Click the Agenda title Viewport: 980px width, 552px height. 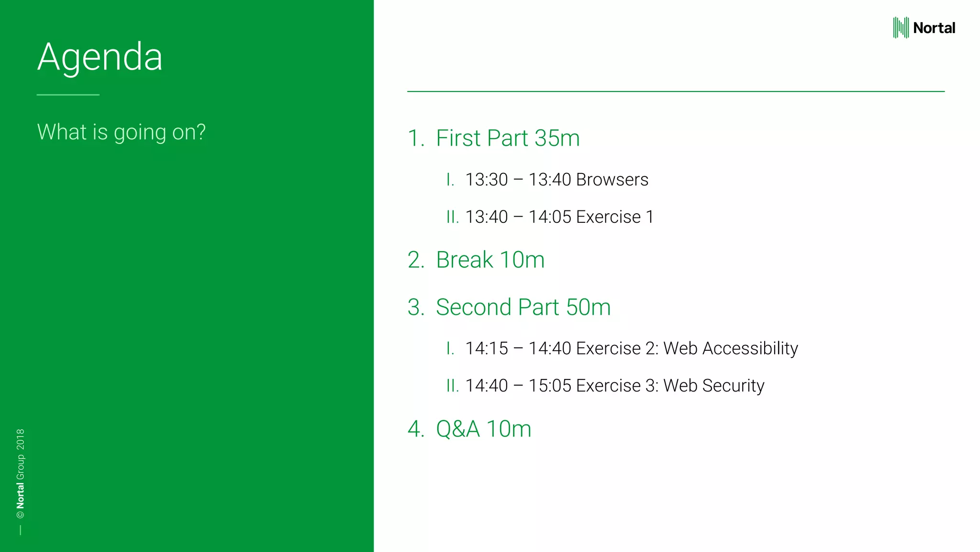point(100,57)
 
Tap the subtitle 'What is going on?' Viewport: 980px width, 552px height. point(121,132)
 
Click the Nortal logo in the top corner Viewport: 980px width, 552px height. point(924,28)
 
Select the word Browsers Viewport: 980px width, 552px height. point(612,180)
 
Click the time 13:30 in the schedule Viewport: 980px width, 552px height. point(486,180)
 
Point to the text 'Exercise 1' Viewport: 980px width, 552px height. point(614,217)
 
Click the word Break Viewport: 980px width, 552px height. point(464,260)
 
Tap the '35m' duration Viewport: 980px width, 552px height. point(557,138)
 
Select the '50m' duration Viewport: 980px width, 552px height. point(588,307)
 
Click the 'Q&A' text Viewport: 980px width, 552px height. point(457,429)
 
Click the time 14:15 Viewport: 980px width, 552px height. point(486,348)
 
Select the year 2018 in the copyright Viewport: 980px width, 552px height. point(21,439)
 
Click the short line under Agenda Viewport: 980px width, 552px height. point(68,95)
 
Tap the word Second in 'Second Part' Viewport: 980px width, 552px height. point(473,307)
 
